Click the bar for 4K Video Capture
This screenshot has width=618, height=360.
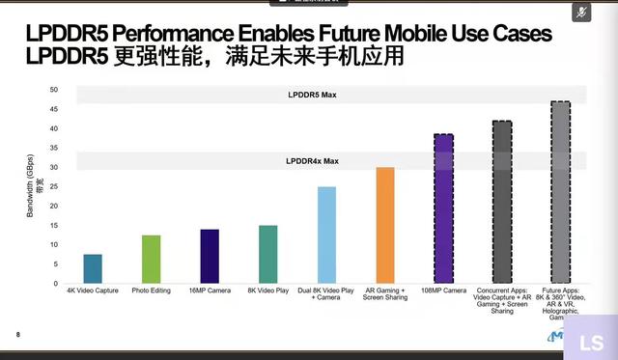click(x=93, y=268)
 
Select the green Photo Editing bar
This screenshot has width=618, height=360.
click(x=151, y=259)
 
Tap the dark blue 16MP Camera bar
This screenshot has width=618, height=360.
click(x=210, y=256)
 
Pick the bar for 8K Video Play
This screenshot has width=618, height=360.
click(x=267, y=254)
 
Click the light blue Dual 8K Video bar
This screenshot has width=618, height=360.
click(x=326, y=235)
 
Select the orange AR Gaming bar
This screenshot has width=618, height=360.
click(x=384, y=225)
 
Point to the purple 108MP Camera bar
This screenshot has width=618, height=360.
click(x=443, y=208)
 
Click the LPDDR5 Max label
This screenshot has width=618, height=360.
click(x=311, y=95)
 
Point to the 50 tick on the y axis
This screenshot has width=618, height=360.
click(x=55, y=90)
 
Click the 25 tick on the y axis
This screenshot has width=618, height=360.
click(x=55, y=186)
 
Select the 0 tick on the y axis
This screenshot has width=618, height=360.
click(x=57, y=283)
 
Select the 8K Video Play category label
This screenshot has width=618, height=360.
click(x=267, y=291)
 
